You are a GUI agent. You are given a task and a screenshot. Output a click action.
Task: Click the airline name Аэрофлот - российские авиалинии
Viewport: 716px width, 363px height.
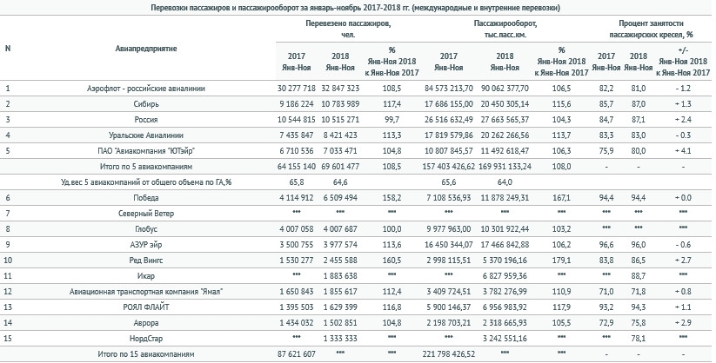[x=146, y=89]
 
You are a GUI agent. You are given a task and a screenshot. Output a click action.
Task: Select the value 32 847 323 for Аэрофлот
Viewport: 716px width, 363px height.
[x=340, y=89]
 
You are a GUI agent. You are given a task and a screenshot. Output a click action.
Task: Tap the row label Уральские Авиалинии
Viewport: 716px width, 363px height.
[x=146, y=135]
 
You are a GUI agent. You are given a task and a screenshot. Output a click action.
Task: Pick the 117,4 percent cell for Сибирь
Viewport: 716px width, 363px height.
[x=391, y=104]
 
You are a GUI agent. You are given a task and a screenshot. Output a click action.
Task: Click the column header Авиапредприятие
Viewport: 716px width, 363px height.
[x=146, y=49]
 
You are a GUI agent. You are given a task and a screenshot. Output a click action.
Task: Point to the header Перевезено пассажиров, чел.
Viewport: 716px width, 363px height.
[x=348, y=29]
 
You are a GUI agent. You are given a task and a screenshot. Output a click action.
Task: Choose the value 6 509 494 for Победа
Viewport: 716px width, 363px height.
[x=340, y=198]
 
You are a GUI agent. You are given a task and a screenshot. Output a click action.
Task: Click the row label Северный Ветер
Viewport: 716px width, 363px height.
[x=146, y=214]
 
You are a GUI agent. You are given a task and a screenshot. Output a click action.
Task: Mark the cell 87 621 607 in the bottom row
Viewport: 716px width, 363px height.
[x=297, y=353]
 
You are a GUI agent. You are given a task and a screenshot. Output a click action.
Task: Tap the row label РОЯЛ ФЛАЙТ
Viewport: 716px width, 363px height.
[x=146, y=307]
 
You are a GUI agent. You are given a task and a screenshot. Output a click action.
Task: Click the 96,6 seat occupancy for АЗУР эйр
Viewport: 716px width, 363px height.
[x=606, y=245]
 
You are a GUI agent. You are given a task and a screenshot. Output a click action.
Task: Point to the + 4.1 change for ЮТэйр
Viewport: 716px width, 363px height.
[x=683, y=151]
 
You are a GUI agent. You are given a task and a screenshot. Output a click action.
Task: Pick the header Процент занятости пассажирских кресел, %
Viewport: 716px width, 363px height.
[x=651, y=29]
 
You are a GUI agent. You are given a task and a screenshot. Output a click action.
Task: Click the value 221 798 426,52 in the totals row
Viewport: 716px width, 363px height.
[x=448, y=353]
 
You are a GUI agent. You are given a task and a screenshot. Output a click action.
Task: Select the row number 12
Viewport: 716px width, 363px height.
[x=7, y=292]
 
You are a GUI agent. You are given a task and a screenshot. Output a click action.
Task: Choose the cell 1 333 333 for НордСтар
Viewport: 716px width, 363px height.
[x=340, y=339]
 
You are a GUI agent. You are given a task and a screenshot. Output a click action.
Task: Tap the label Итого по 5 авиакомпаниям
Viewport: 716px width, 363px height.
[x=146, y=167]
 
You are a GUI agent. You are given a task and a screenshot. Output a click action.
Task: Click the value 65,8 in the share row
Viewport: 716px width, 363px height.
[x=297, y=182]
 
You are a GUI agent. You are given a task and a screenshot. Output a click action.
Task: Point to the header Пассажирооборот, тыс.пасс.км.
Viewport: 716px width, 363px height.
[x=505, y=29]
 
